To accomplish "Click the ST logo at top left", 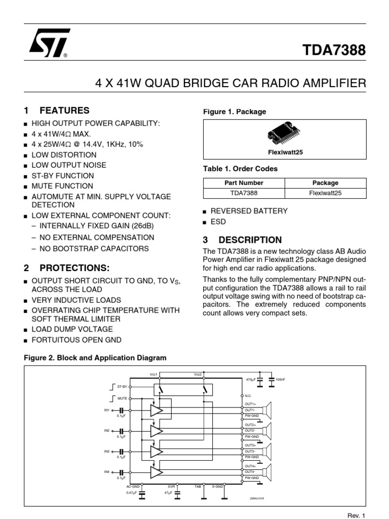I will tap(49, 43).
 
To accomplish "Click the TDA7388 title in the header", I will tap(334, 50).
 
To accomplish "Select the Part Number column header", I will tap(244, 182).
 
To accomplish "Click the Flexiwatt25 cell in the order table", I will tap(325, 193).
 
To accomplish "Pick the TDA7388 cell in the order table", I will tap(244, 193).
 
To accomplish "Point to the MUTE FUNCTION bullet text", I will tap(62, 186).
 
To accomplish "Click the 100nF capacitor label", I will tap(280, 379).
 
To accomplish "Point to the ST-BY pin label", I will tap(122, 386).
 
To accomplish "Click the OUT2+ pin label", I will tap(250, 425).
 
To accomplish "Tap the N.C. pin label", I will tap(248, 395).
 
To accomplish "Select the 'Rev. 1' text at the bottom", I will tap(356, 515).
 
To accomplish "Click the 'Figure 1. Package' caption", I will tap(235, 112).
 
